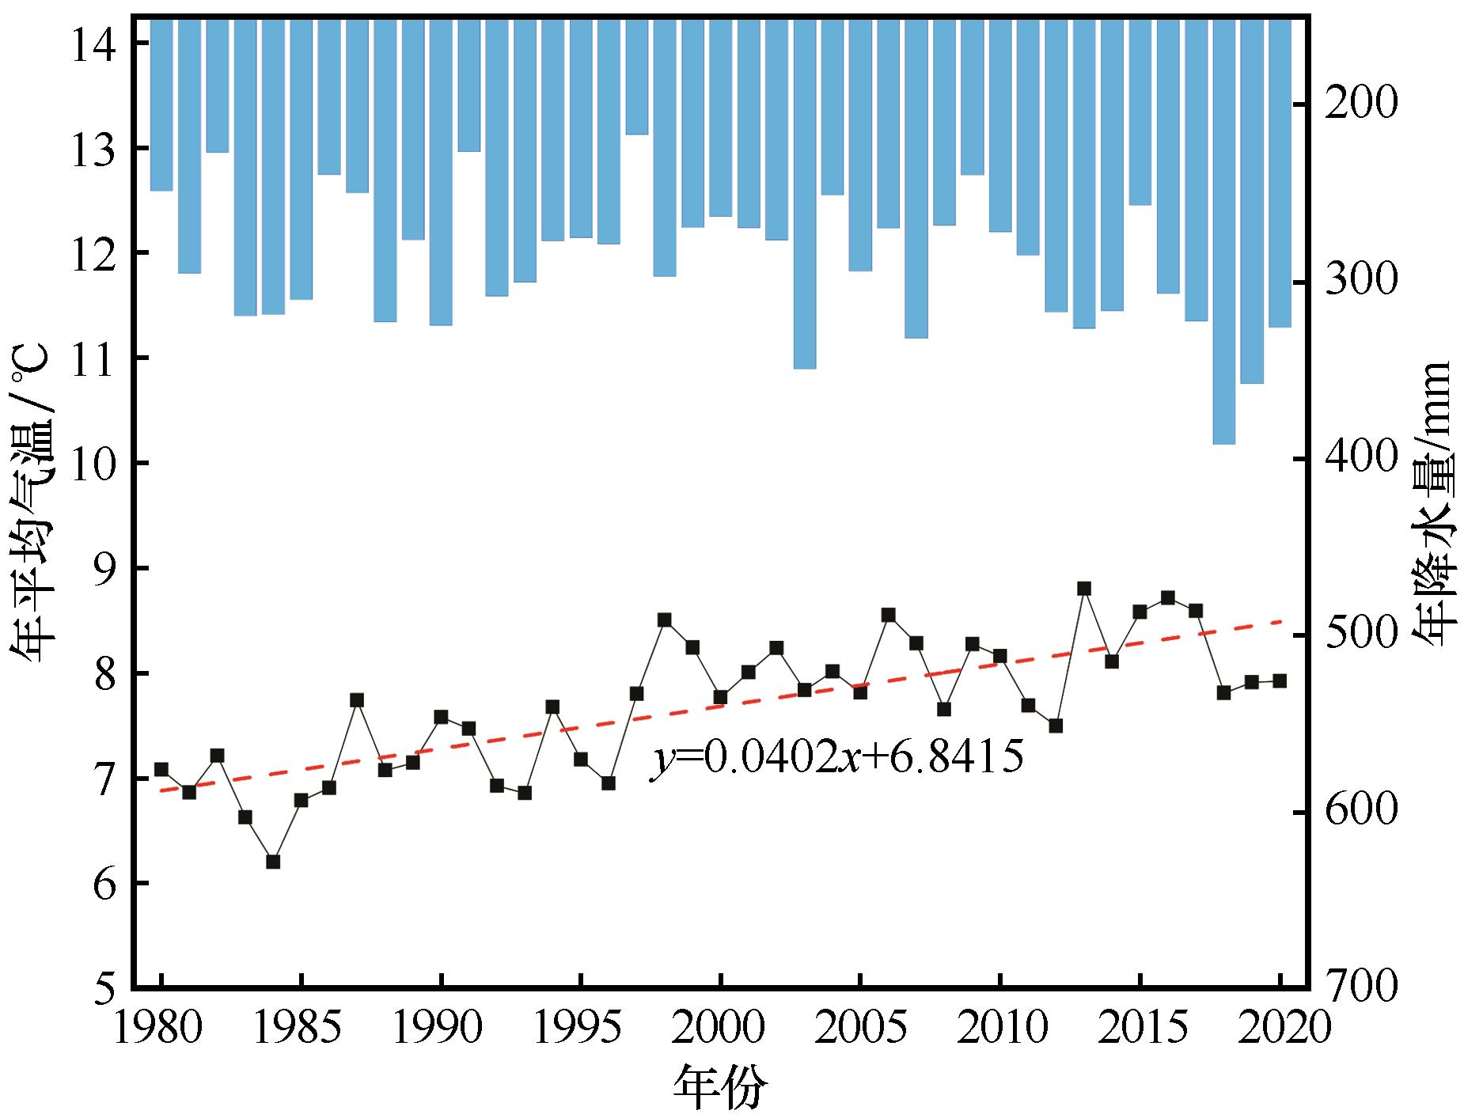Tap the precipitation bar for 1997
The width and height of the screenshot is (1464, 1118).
coord(636,76)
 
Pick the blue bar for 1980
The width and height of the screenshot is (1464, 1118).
coord(161,104)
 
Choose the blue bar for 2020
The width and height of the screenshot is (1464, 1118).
coord(1280,172)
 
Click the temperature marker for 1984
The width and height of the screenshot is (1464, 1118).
coord(273,862)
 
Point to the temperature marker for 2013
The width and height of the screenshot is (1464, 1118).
coord(1084,589)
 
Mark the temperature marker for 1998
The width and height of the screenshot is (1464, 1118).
coord(665,620)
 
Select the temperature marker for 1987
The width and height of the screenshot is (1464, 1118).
coord(357,700)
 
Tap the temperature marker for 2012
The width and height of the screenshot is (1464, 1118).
coord(1056,726)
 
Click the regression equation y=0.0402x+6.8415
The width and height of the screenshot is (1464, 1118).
coord(837,758)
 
